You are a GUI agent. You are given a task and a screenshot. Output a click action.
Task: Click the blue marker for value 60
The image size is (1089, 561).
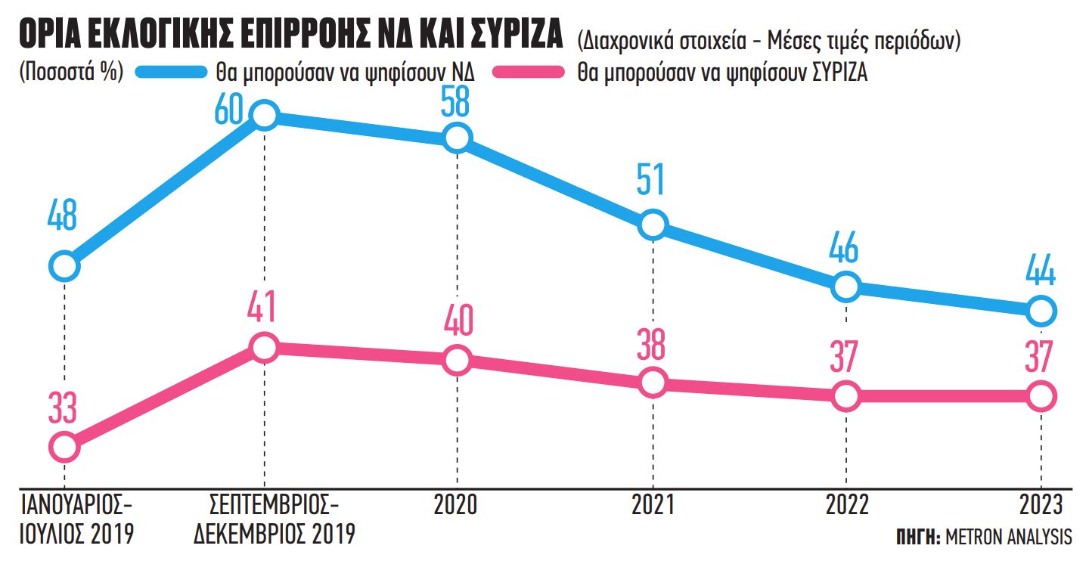tap(264, 116)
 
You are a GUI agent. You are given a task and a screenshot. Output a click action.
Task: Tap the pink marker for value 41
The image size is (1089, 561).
tap(264, 347)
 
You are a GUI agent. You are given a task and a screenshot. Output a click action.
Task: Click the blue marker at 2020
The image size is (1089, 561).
tap(457, 138)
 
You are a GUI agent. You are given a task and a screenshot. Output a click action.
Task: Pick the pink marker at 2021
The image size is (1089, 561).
tap(652, 383)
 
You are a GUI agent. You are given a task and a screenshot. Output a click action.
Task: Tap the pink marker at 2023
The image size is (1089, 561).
tap(1041, 395)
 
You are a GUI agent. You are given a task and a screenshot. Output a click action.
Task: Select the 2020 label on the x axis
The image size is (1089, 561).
tap(456, 505)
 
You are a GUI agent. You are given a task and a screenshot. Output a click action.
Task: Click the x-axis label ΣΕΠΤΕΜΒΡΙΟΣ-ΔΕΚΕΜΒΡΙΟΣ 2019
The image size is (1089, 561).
tap(274, 519)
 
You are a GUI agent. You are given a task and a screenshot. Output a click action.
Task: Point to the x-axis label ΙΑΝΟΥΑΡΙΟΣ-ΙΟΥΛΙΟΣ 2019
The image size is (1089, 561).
tap(78, 519)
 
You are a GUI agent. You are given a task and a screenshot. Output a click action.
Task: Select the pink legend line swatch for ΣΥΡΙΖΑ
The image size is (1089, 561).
tap(529, 73)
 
